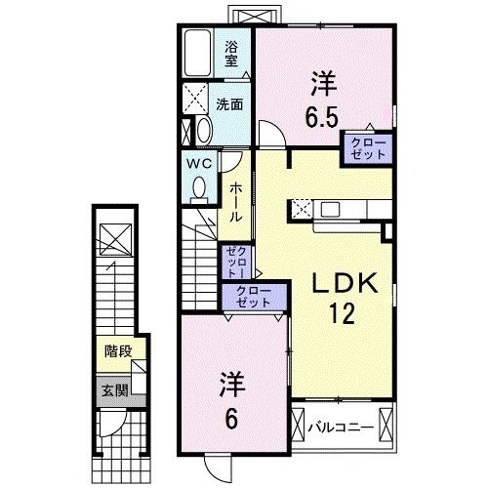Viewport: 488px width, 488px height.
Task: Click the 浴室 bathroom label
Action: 231,54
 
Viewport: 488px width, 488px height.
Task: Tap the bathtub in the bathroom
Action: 197,53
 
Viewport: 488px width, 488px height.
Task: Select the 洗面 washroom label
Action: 229,104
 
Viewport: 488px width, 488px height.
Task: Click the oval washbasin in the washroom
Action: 204,130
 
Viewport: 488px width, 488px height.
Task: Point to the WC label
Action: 199,164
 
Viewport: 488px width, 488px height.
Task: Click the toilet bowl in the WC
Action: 199,189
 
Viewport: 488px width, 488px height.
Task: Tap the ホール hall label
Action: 236,202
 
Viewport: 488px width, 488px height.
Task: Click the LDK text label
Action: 345,283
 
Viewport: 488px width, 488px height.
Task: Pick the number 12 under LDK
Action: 343,313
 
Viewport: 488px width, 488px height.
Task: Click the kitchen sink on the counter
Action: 330,209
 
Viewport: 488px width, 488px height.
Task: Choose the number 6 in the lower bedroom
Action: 231,419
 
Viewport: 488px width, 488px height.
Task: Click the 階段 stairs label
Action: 118,351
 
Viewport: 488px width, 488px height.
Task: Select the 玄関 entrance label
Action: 115,390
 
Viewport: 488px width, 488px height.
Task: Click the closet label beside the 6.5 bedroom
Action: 368,148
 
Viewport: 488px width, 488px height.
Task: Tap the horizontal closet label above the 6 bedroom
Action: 254,297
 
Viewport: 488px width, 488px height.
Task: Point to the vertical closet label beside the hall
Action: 235,262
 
